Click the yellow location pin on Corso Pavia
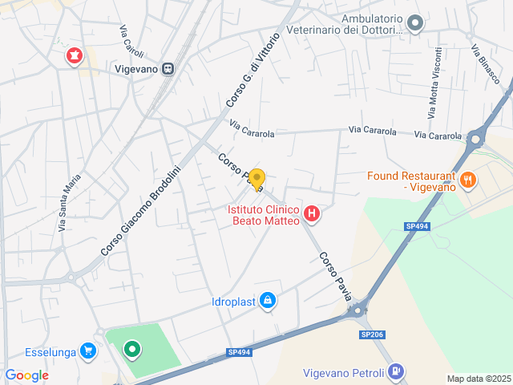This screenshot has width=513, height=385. [256, 179]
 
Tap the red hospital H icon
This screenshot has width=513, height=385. [312, 214]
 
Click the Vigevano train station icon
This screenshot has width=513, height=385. [168, 69]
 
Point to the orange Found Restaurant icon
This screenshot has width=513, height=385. [469, 180]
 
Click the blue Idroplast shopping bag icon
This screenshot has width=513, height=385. [267, 302]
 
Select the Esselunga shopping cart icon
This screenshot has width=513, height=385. [87, 350]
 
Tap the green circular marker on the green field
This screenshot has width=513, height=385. [131, 350]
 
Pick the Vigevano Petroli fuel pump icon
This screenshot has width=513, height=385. [395, 371]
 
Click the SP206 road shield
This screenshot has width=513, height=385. [371, 334]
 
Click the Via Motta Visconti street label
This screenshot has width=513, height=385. [434, 83]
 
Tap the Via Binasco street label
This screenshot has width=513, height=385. [486, 64]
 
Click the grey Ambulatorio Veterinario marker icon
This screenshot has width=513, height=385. [414, 24]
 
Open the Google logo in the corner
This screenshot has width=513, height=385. [26, 375]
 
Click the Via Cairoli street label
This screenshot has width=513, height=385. [131, 42]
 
